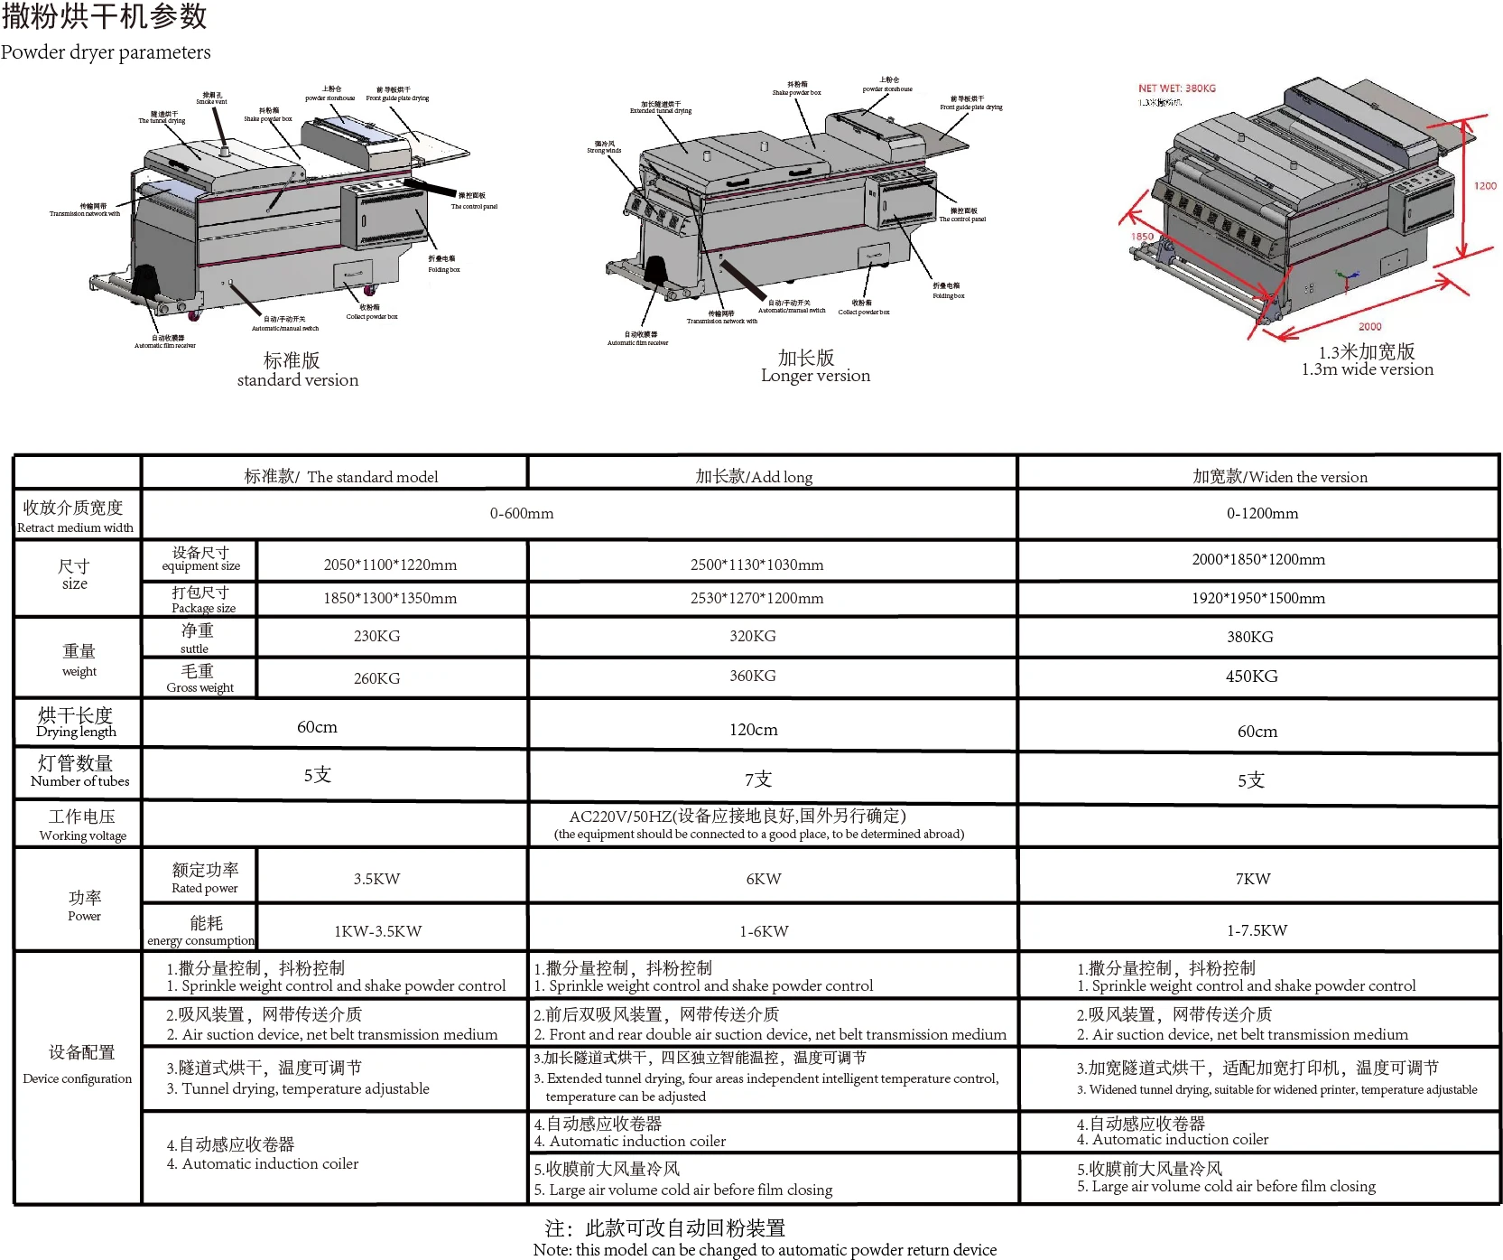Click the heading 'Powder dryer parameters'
click(x=106, y=52)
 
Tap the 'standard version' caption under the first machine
click(x=298, y=380)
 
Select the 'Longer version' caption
click(x=815, y=376)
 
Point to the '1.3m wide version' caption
click(x=1367, y=369)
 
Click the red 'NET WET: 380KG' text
click(x=1176, y=89)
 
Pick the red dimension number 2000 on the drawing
click(x=1369, y=327)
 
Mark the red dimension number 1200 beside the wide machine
click(x=1485, y=186)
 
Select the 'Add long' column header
click(x=754, y=477)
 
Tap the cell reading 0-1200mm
click(x=1262, y=514)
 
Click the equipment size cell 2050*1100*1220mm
click(x=390, y=565)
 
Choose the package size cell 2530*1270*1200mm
click(x=756, y=598)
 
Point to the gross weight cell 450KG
click(x=1251, y=677)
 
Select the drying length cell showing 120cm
click(x=753, y=730)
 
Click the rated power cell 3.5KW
click(x=376, y=879)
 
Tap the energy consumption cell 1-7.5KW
click(x=1257, y=930)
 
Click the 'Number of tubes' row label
click(x=79, y=781)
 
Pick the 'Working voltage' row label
click(x=82, y=835)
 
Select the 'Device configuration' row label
click(x=78, y=1078)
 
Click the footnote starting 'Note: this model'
click(x=765, y=1250)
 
